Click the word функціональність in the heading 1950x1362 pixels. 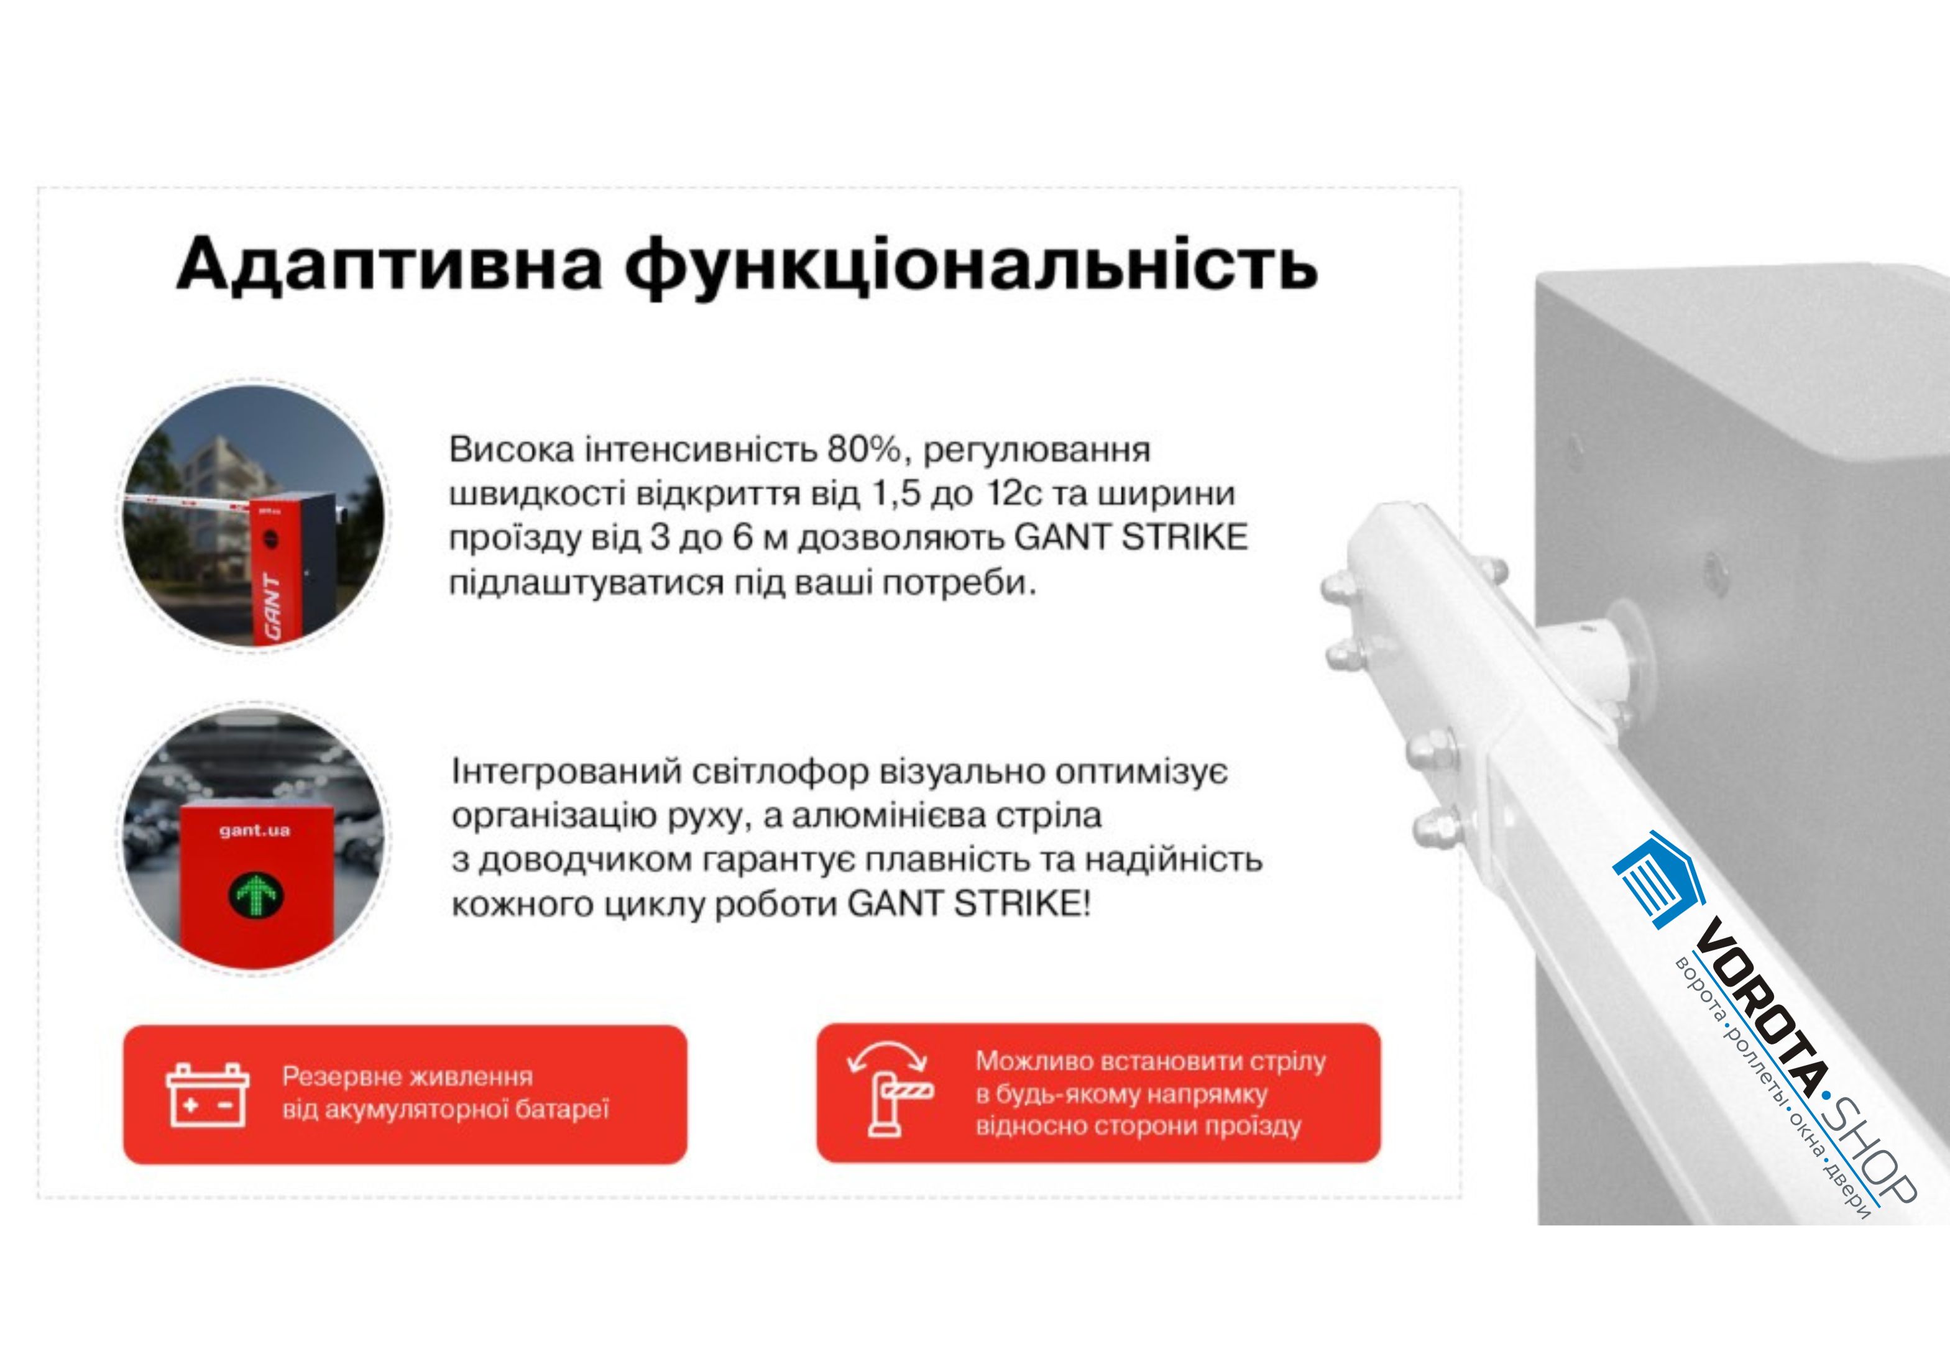(x=972, y=266)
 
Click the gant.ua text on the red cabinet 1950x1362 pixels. (x=255, y=831)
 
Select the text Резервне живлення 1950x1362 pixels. (x=408, y=1077)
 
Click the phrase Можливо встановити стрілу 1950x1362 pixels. (x=1150, y=1061)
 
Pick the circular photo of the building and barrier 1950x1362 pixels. (x=253, y=516)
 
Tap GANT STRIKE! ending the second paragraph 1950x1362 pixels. (x=968, y=904)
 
